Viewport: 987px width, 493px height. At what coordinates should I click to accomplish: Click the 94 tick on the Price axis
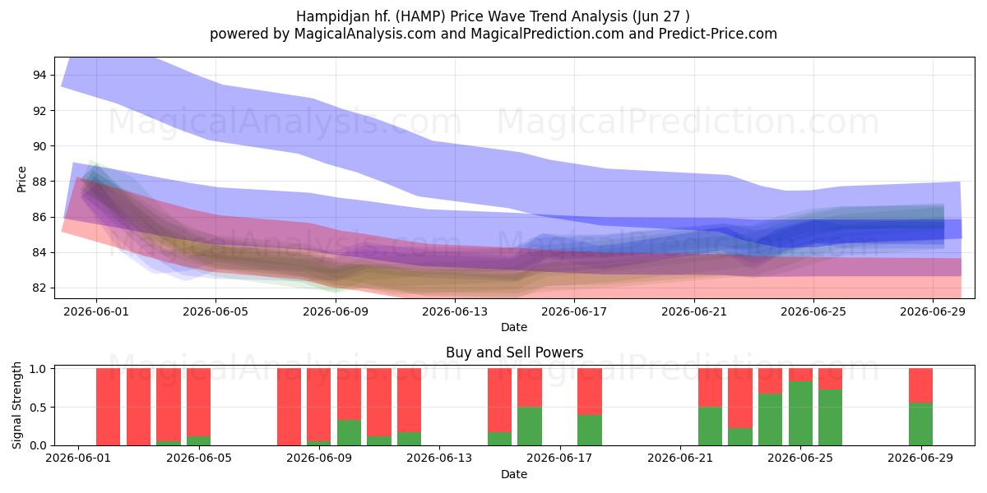click(x=39, y=75)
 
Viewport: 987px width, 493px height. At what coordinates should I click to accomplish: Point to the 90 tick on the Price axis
click(x=39, y=146)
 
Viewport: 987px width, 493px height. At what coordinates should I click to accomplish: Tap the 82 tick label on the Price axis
click(x=39, y=288)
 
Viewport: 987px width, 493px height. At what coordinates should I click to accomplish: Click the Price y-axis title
click(x=21, y=179)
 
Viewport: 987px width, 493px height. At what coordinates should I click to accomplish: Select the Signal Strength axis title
click(x=16, y=405)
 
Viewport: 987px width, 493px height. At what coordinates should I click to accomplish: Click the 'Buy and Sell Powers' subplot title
click(x=514, y=352)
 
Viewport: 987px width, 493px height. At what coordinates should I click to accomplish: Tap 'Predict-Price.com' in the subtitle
click(x=718, y=34)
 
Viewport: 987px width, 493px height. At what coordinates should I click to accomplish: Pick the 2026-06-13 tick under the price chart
click(x=455, y=311)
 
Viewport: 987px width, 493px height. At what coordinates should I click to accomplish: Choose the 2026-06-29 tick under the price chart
click(x=933, y=311)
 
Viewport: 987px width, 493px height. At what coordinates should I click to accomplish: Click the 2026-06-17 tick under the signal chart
click(x=559, y=458)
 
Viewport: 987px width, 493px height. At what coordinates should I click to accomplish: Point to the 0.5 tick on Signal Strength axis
click(x=38, y=407)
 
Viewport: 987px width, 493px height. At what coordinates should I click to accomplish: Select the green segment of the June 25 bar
click(x=800, y=413)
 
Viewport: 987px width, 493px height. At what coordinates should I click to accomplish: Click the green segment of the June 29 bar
click(x=921, y=424)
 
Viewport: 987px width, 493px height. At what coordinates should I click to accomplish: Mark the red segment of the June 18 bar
click(x=590, y=391)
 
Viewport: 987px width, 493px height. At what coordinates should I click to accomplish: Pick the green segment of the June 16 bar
click(x=530, y=426)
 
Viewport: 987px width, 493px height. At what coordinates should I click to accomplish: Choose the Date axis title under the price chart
click(x=514, y=327)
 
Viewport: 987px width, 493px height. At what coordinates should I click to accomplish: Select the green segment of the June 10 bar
click(x=349, y=433)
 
